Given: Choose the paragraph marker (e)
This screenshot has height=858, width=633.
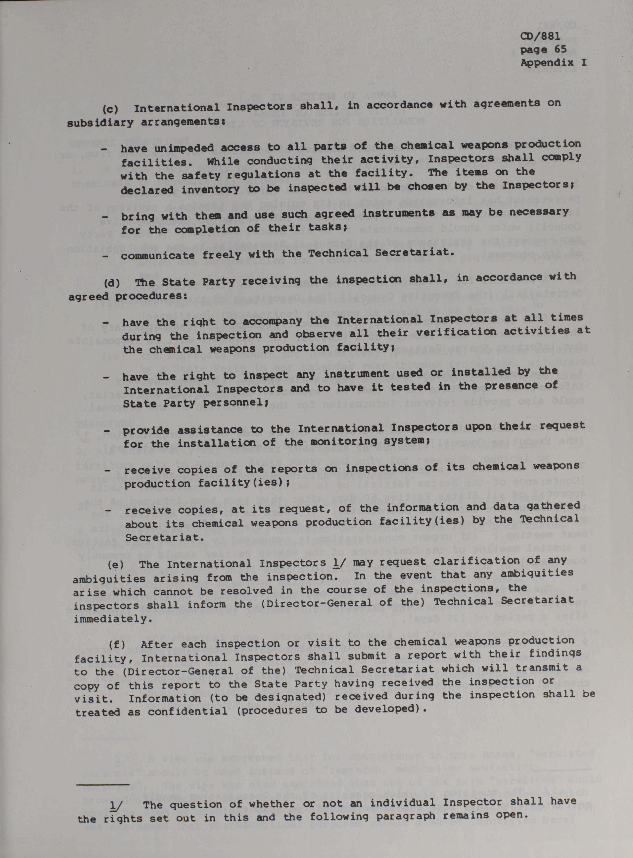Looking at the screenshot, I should click(116, 564).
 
